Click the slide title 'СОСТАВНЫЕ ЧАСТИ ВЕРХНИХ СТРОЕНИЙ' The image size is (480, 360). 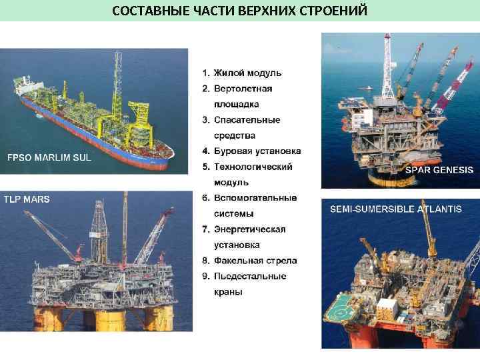[239, 11]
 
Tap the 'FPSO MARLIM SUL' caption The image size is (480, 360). [49, 158]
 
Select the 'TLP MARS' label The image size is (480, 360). [27, 199]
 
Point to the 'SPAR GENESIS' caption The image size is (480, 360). [439, 170]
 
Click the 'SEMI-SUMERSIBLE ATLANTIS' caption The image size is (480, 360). [396, 209]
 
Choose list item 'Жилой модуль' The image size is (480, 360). [247, 73]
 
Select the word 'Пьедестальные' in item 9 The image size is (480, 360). [250, 276]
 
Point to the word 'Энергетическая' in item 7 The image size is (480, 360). [249, 229]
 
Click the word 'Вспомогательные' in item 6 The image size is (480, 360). [255, 198]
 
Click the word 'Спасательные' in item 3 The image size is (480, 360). [247, 120]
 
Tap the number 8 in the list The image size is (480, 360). [206, 261]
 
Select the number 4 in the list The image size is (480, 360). [206, 151]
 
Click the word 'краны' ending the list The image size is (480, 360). [228, 292]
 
